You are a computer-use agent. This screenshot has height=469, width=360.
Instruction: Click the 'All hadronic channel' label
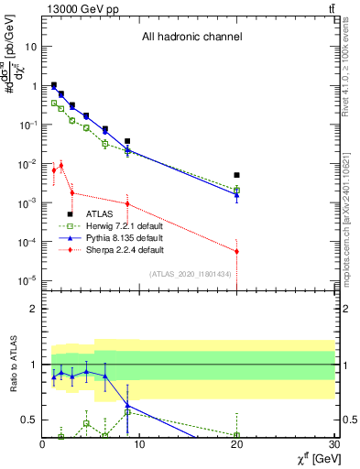191,38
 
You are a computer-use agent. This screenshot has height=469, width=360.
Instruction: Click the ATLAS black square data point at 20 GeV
236,175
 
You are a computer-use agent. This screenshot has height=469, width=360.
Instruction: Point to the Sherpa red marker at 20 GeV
236,251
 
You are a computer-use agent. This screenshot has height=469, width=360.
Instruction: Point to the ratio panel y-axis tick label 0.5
28,420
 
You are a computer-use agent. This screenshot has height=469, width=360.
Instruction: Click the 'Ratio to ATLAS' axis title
12,365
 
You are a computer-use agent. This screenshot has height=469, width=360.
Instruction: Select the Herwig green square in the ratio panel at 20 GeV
236,435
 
